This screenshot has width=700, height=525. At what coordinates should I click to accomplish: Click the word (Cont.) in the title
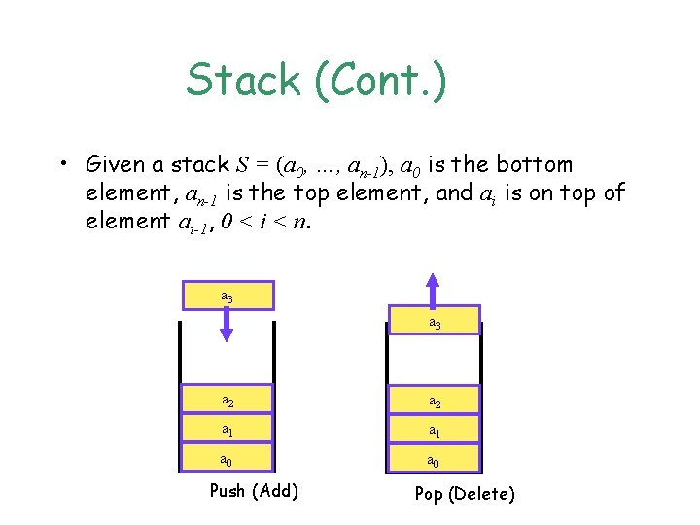tap(381, 81)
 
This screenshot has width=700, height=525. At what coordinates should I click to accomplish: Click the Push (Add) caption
tap(254, 490)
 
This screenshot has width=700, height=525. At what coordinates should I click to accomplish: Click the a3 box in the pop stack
tap(434, 323)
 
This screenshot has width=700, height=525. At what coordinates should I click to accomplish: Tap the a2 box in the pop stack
tap(434, 400)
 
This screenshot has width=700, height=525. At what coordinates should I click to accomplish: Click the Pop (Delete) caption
tap(465, 494)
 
